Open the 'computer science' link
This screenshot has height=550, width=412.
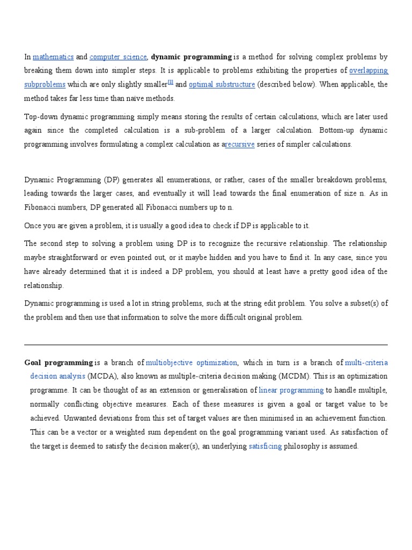[118, 57]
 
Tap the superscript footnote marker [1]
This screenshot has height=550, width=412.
[171, 82]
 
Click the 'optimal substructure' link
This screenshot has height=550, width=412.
[222, 85]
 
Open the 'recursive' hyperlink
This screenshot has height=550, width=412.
[239, 144]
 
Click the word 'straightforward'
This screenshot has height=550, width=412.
[72, 258]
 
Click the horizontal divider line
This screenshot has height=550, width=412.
[206, 345]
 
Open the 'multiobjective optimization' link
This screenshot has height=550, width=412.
[192, 363]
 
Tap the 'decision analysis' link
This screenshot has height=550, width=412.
[57, 377]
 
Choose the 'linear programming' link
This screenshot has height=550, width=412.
[291, 390]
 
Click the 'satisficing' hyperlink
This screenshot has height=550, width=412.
[265, 446]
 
